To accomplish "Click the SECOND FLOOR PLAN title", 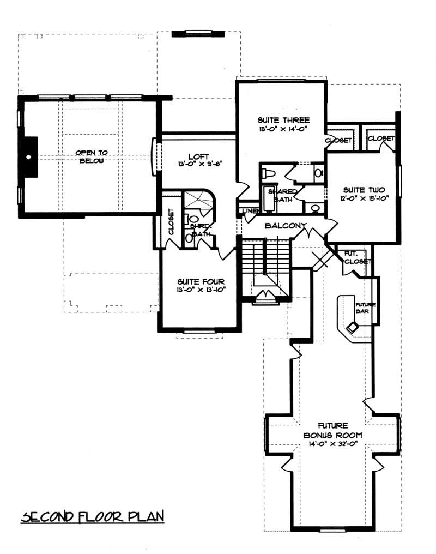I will coord(93,516).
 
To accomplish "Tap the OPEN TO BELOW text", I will coord(91,156).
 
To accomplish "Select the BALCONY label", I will coord(286,225).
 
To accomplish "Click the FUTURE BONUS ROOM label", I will coord(330,430).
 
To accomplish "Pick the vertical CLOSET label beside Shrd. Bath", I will coord(171,222).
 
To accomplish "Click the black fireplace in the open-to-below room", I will coord(29,157).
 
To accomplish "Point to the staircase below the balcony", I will coord(264,262).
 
